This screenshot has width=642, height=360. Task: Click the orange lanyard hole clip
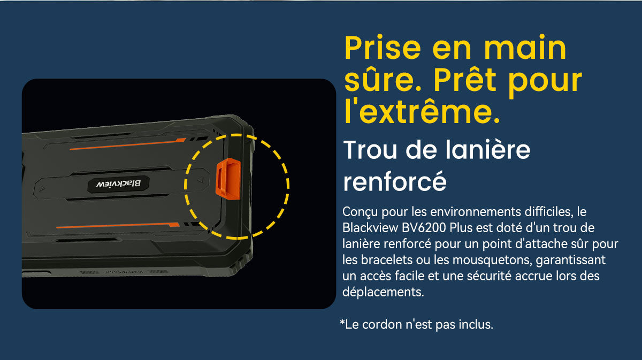click(x=228, y=179)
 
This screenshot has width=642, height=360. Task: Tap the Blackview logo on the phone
click(x=118, y=184)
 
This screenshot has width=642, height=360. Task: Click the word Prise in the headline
click(x=383, y=48)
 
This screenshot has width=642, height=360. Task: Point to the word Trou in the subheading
click(x=370, y=150)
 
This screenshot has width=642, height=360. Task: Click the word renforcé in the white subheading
click(x=395, y=181)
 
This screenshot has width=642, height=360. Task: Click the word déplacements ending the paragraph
click(x=383, y=293)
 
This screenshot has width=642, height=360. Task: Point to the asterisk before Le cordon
click(x=342, y=323)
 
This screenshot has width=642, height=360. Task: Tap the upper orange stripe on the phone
click(x=128, y=144)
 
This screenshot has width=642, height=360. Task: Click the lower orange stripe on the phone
click(x=118, y=225)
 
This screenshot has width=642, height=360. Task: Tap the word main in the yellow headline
click(x=525, y=48)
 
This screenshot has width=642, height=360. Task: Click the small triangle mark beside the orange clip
click(x=200, y=180)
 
